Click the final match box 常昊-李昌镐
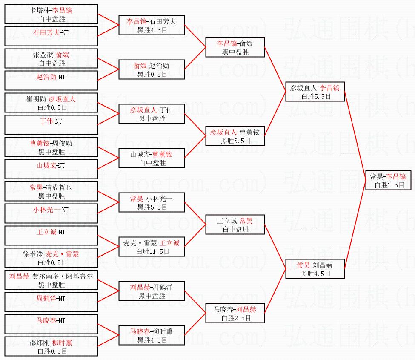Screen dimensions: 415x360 [x=388, y=180]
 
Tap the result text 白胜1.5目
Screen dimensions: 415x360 [x=389, y=185]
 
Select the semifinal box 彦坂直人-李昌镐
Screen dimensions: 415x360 [x=315, y=92]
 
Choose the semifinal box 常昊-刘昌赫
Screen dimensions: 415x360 [x=315, y=268]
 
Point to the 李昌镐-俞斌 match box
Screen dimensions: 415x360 [x=235, y=47]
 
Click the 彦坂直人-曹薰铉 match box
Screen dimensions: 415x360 [x=235, y=135]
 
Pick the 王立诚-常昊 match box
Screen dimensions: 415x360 [x=235, y=225]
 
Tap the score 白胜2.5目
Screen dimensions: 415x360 [x=236, y=318]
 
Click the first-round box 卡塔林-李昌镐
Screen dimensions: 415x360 [x=52, y=14]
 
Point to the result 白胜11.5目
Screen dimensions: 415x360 [x=153, y=251]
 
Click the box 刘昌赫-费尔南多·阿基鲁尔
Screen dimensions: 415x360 [x=52, y=280]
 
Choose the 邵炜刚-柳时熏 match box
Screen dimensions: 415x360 [x=52, y=346]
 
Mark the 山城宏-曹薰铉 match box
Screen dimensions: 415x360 [x=152, y=158]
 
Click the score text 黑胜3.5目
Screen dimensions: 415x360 [x=236, y=141]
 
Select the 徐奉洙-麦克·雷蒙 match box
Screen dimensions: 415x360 [x=52, y=258]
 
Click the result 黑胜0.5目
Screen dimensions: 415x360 [x=152, y=74]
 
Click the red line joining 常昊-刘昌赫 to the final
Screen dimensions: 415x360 [x=355, y=225]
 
